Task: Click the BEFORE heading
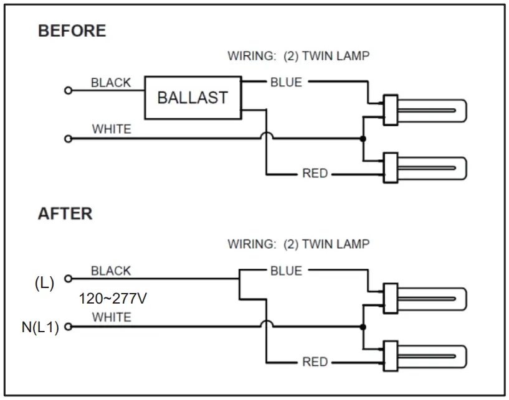click(x=72, y=31)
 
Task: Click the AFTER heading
click(x=65, y=214)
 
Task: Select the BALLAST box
click(x=193, y=98)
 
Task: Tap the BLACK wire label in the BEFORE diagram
click(x=111, y=83)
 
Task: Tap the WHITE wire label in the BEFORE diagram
click(x=112, y=129)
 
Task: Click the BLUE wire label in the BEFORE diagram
click(x=286, y=82)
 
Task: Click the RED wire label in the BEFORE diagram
click(x=315, y=174)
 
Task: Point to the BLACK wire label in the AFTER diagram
click(x=111, y=271)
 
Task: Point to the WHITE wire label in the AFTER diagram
click(x=112, y=317)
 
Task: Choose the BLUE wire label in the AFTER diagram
click(x=286, y=271)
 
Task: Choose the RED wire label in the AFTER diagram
click(x=315, y=362)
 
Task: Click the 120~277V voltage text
click(x=113, y=299)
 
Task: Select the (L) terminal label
click(x=44, y=283)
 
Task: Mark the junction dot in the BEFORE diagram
click(x=363, y=138)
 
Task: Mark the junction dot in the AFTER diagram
click(x=363, y=327)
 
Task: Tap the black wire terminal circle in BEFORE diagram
click(x=68, y=91)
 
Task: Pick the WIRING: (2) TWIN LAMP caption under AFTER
click(x=298, y=244)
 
